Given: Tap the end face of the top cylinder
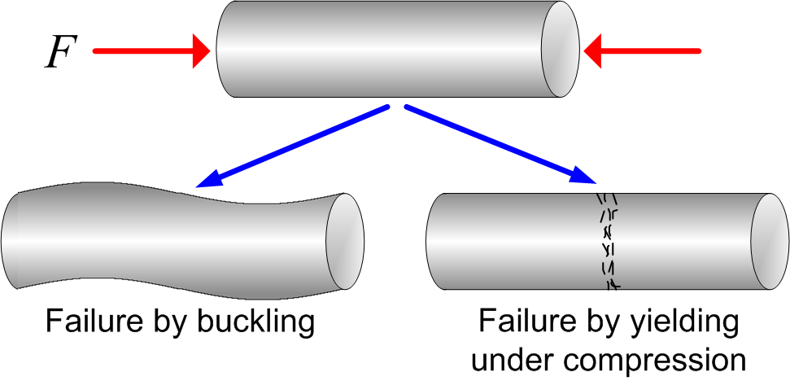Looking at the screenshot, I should [560, 50].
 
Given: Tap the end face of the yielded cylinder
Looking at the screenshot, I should [769, 242].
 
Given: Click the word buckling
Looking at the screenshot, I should [258, 323].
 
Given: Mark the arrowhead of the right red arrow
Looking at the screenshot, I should [594, 51].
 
